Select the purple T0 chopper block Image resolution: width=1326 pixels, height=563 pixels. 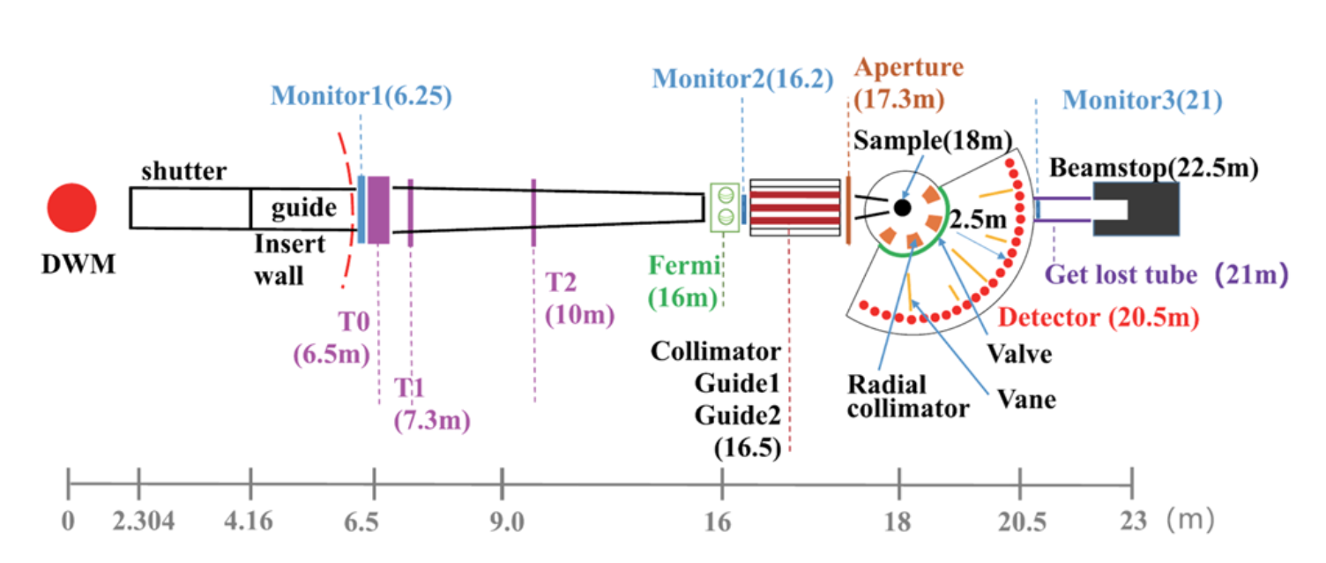pos(379,210)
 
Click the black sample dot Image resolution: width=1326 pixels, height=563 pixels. pos(901,207)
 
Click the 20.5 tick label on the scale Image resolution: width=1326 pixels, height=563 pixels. pos(1019,522)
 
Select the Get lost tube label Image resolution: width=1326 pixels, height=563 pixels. pos(1121,275)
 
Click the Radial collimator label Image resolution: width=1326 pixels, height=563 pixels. pos(900,396)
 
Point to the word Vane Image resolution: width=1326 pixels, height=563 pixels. pos(1026,399)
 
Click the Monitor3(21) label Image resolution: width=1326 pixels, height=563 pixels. pos(1142,101)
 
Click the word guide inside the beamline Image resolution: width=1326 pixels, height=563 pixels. pos(303,208)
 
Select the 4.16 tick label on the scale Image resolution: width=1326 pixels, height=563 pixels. pos(251,522)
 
